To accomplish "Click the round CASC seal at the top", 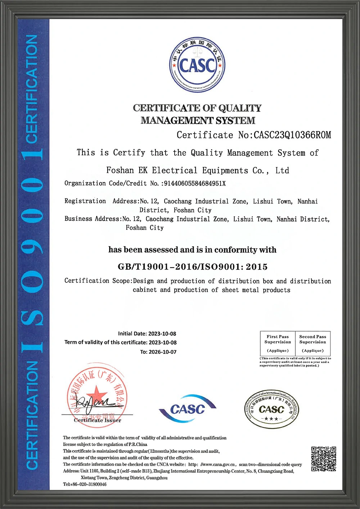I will point(197,65).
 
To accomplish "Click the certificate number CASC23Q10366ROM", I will point(292,135).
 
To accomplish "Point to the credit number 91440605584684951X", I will point(195,183).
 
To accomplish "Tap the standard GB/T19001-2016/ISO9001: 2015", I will point(193,267).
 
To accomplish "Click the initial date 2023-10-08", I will point(162,334).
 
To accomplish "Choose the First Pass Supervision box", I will point(278,344).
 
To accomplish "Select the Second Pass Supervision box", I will point(312,344).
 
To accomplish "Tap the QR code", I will point(324,459).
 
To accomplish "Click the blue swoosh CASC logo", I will point(187,409).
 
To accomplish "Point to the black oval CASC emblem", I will point(271,409).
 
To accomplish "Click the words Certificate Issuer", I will point(98,420).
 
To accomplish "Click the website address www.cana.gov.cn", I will point(218,464).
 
